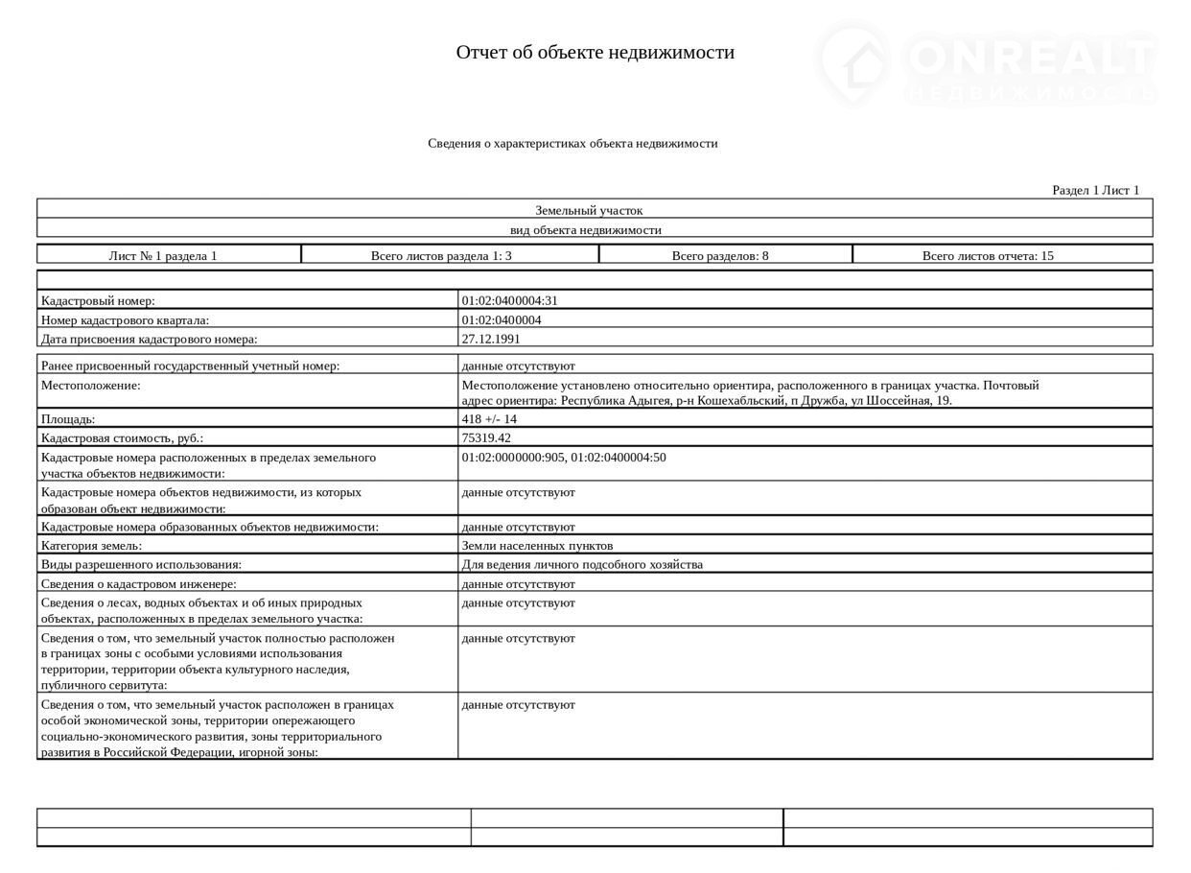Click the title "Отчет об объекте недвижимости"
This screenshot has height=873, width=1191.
595,52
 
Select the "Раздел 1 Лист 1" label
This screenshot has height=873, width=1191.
1095,190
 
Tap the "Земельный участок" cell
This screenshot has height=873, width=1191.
589,210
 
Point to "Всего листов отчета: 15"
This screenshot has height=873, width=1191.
988,255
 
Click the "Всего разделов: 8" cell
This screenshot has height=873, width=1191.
719,255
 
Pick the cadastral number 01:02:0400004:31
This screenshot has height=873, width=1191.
509,300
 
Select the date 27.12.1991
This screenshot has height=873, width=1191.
491,339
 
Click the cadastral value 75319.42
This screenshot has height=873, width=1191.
486,437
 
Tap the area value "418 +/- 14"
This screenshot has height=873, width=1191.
489,419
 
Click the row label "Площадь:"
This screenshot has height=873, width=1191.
68,419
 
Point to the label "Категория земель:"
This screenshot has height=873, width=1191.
91,546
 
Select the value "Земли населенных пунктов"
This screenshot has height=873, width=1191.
537,546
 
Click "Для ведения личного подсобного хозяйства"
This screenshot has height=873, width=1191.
582,564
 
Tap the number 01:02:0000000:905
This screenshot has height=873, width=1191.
513,458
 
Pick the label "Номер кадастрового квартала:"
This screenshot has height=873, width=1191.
125,320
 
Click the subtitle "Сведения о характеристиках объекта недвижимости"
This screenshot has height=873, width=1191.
572,144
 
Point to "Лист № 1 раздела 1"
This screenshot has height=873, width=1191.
163,255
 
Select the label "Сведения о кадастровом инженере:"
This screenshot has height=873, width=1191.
138,583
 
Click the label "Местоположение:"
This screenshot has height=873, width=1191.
90,386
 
